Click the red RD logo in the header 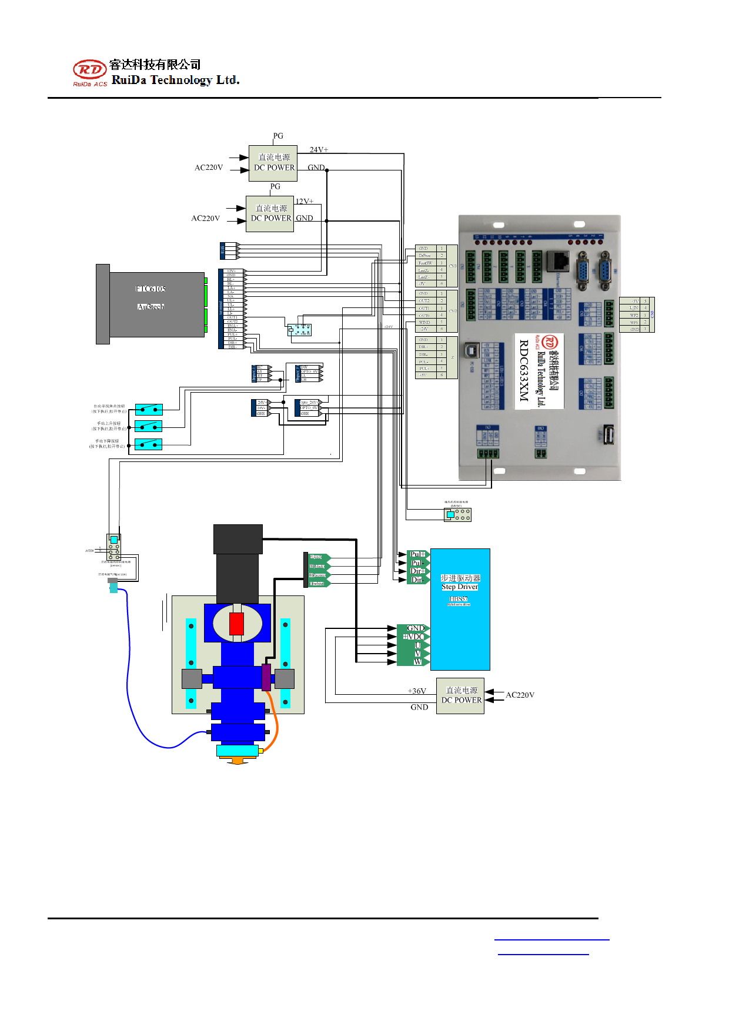click(x=89, y=70)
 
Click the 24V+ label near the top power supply click(x=319, y=150)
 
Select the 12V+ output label click(x=305, y=202)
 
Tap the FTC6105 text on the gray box click(x=151, y=289)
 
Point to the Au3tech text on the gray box click(x=151, y=307)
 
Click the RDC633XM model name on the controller click(x=524, y=371)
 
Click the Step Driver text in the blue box click(x=460, y=587)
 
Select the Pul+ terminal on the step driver click(x=417, y=554)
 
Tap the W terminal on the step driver click(x=417, y=662)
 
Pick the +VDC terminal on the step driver click(x=414, y=637)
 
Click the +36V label click(x=417, y=691)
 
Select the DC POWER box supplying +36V click(x=460, y=696)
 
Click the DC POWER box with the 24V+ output click(x=273, y=163)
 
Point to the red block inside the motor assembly click(x=236, y=624)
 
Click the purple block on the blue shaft click(x=266, y=677)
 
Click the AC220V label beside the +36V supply click(x=520, y=695)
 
